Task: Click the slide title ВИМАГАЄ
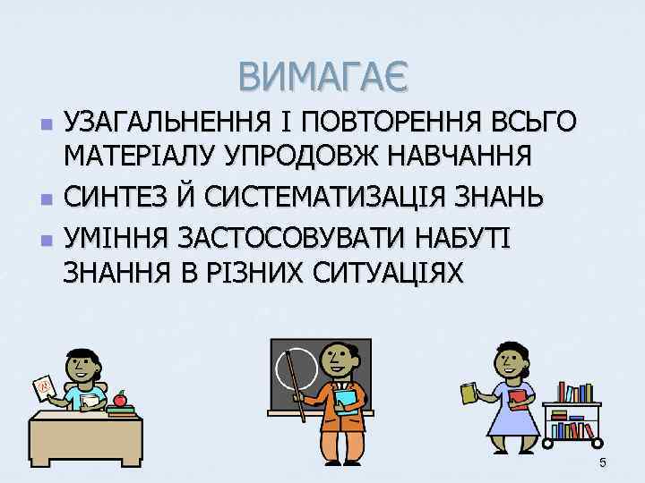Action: click(x=322, y=76)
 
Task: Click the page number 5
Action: click(x=603, y=462)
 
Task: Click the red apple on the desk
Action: click(x=119, y=400)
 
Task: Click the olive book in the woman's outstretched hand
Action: click(x=469, y=393)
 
